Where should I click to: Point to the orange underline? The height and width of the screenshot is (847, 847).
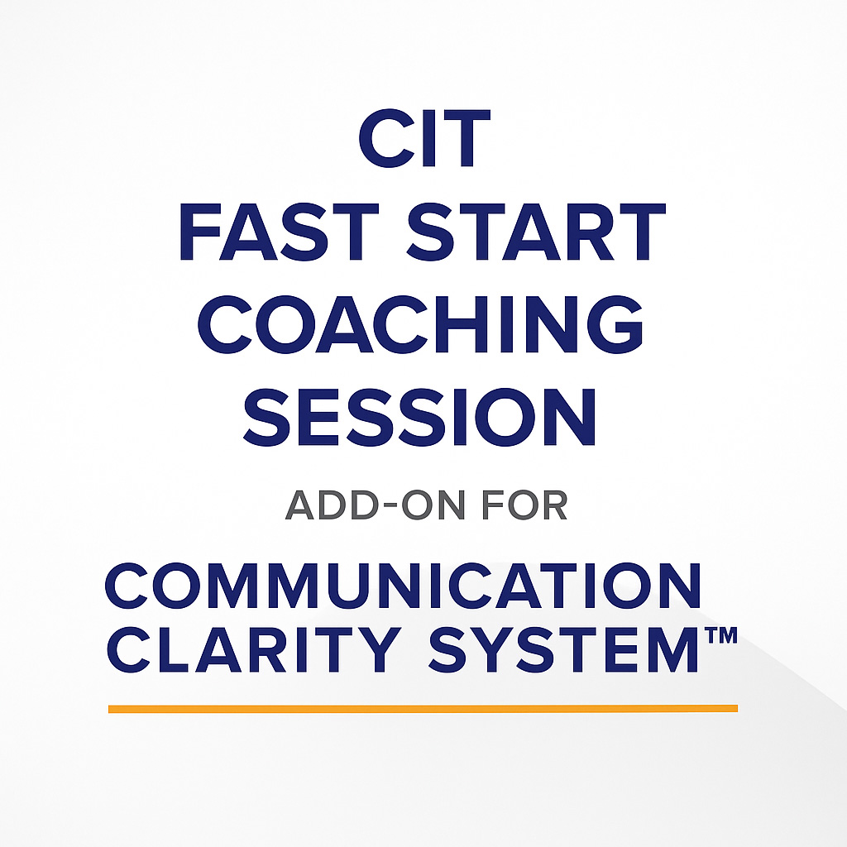pos(423,708)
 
